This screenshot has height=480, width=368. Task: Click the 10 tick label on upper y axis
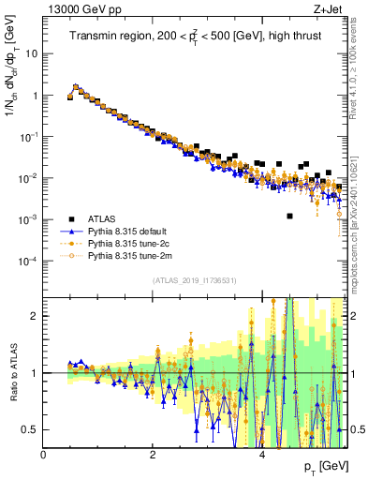(x=32, y=53)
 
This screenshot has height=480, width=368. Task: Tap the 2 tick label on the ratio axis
(x=36, y=316)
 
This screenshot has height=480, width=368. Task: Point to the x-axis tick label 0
(x=43, y=456)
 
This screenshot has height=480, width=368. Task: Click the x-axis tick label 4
(x=261, y=456)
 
